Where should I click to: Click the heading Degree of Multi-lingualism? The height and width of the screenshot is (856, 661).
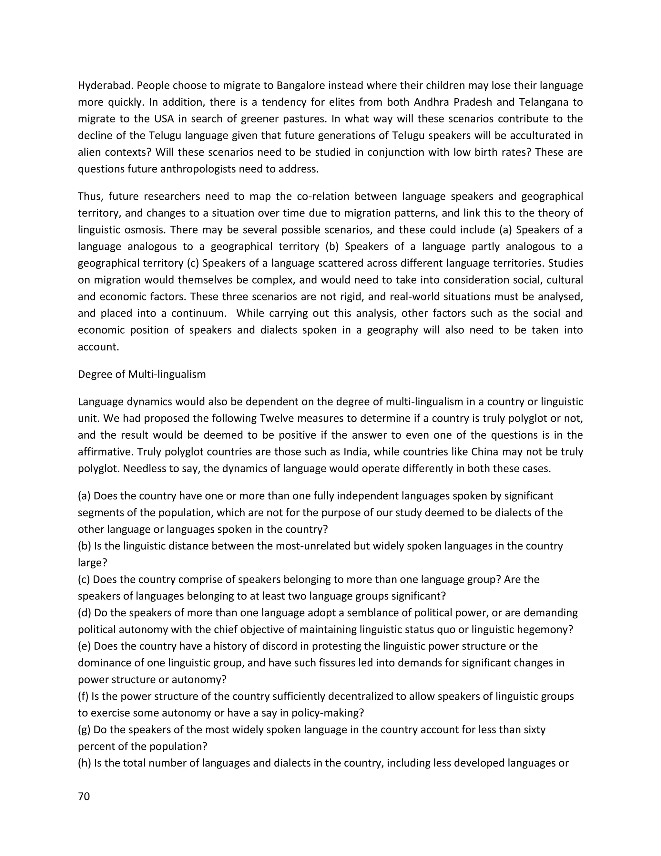[142, 374]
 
